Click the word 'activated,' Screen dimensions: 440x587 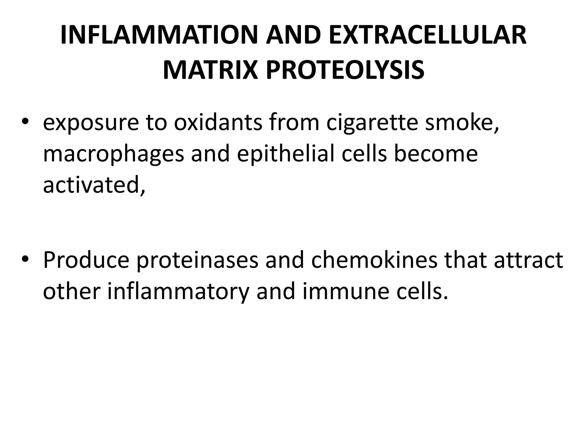[94, 185]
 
